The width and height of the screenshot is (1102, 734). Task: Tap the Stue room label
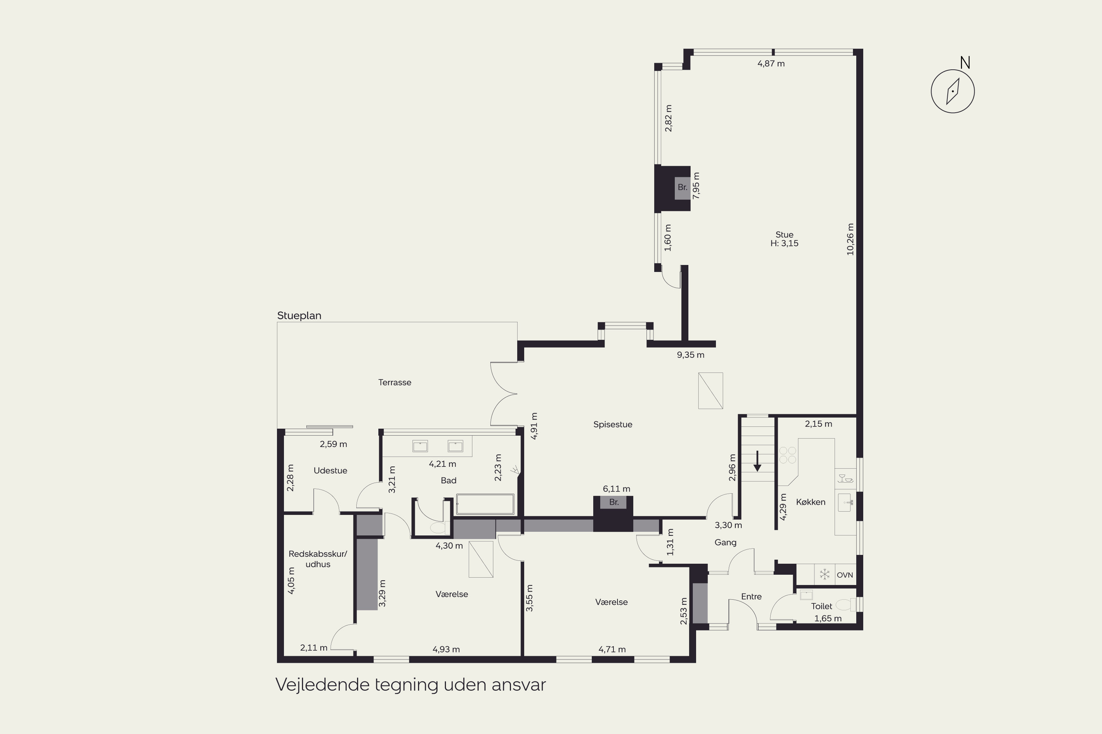784,235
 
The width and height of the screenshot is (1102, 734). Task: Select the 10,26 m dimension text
850,239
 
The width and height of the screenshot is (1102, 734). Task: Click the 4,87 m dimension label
771,63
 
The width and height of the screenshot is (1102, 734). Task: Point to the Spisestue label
613,425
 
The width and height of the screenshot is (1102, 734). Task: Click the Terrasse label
395,382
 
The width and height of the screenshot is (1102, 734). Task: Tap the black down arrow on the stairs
757,461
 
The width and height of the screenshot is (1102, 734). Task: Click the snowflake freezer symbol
825,574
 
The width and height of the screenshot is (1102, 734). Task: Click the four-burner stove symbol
788,455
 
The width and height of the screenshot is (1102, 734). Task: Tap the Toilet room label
821,606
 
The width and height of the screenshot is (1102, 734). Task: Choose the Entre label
751,597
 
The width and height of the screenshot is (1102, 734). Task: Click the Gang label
725,542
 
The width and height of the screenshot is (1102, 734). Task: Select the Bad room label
449,480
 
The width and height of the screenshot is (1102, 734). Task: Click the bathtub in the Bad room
485,505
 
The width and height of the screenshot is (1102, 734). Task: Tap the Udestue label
330,470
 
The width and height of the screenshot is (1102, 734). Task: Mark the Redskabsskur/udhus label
318,559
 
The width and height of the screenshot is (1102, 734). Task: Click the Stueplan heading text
299,316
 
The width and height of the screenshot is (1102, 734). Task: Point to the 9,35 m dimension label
690,355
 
